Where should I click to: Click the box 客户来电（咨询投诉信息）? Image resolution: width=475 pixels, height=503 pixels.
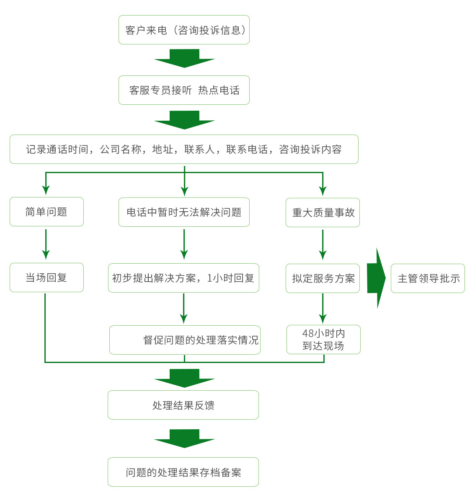tap(184, 30)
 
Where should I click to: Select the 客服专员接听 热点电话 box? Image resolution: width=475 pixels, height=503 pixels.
tap(184, 90)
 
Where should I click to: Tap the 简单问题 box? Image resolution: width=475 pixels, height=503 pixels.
tap(46, 212)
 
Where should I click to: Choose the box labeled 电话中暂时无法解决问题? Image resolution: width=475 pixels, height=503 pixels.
tap(184, 212)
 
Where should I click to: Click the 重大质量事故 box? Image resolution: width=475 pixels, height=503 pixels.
tap(323, 213)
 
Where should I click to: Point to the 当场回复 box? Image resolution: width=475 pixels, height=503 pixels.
tap(46, 277)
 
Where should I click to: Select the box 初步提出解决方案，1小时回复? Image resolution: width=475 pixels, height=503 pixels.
tap(183, 278)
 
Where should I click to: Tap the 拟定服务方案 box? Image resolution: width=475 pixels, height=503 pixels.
tap(323, 278)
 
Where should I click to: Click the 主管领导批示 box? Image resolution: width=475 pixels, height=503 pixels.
tap(428, 278)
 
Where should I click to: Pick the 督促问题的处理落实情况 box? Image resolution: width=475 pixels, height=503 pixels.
tap(185, 340)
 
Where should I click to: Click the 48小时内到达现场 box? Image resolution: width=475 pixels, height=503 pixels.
tap(323, 340)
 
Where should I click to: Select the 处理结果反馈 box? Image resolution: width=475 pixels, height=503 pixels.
tap(183, 405)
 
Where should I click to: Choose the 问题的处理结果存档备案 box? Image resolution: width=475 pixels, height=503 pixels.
tap(183, 472)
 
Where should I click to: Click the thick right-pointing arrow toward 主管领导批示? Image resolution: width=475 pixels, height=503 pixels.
tap(376, 278)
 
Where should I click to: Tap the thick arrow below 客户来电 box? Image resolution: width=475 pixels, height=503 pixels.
tap(184, 58)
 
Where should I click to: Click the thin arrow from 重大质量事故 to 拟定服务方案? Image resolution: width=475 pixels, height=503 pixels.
tap(323, 245)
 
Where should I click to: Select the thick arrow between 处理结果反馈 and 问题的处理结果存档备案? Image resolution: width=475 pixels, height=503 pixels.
tap(184, 438)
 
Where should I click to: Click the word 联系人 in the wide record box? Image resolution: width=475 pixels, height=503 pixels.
tap(199, 149)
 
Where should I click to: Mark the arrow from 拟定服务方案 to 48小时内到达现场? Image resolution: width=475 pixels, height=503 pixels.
tap(323, 309)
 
